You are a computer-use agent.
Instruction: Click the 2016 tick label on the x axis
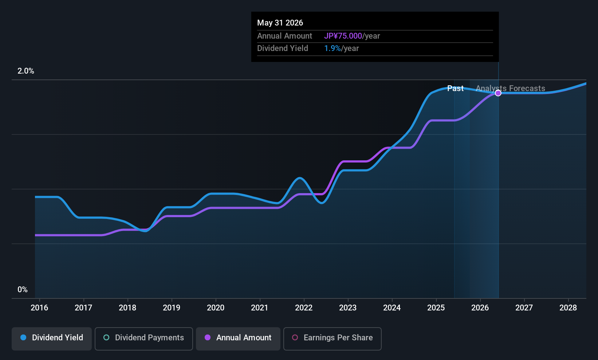[39, 308]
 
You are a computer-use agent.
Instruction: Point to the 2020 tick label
[216, 308]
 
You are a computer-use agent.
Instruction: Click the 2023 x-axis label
[348, 308]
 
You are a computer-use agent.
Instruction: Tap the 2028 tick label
[568, 308]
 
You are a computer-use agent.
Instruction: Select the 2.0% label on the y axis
[26, 71]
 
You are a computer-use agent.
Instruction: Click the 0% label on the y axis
[23, 290]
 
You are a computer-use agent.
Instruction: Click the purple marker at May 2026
[498, 93]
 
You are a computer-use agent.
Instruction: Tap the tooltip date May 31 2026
[280, 23]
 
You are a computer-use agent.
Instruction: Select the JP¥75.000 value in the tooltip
[343, 36]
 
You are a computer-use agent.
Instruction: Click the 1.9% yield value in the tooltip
[332, 48]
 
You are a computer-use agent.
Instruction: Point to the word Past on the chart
[455, 89]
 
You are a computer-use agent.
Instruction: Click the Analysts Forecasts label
[510, 89]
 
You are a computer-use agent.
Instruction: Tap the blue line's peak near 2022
[300, 178]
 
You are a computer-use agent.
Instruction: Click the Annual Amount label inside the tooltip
[284, 36]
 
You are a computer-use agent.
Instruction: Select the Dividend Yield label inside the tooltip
[283, 48]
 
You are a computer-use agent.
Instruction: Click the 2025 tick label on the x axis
[436, 308]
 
